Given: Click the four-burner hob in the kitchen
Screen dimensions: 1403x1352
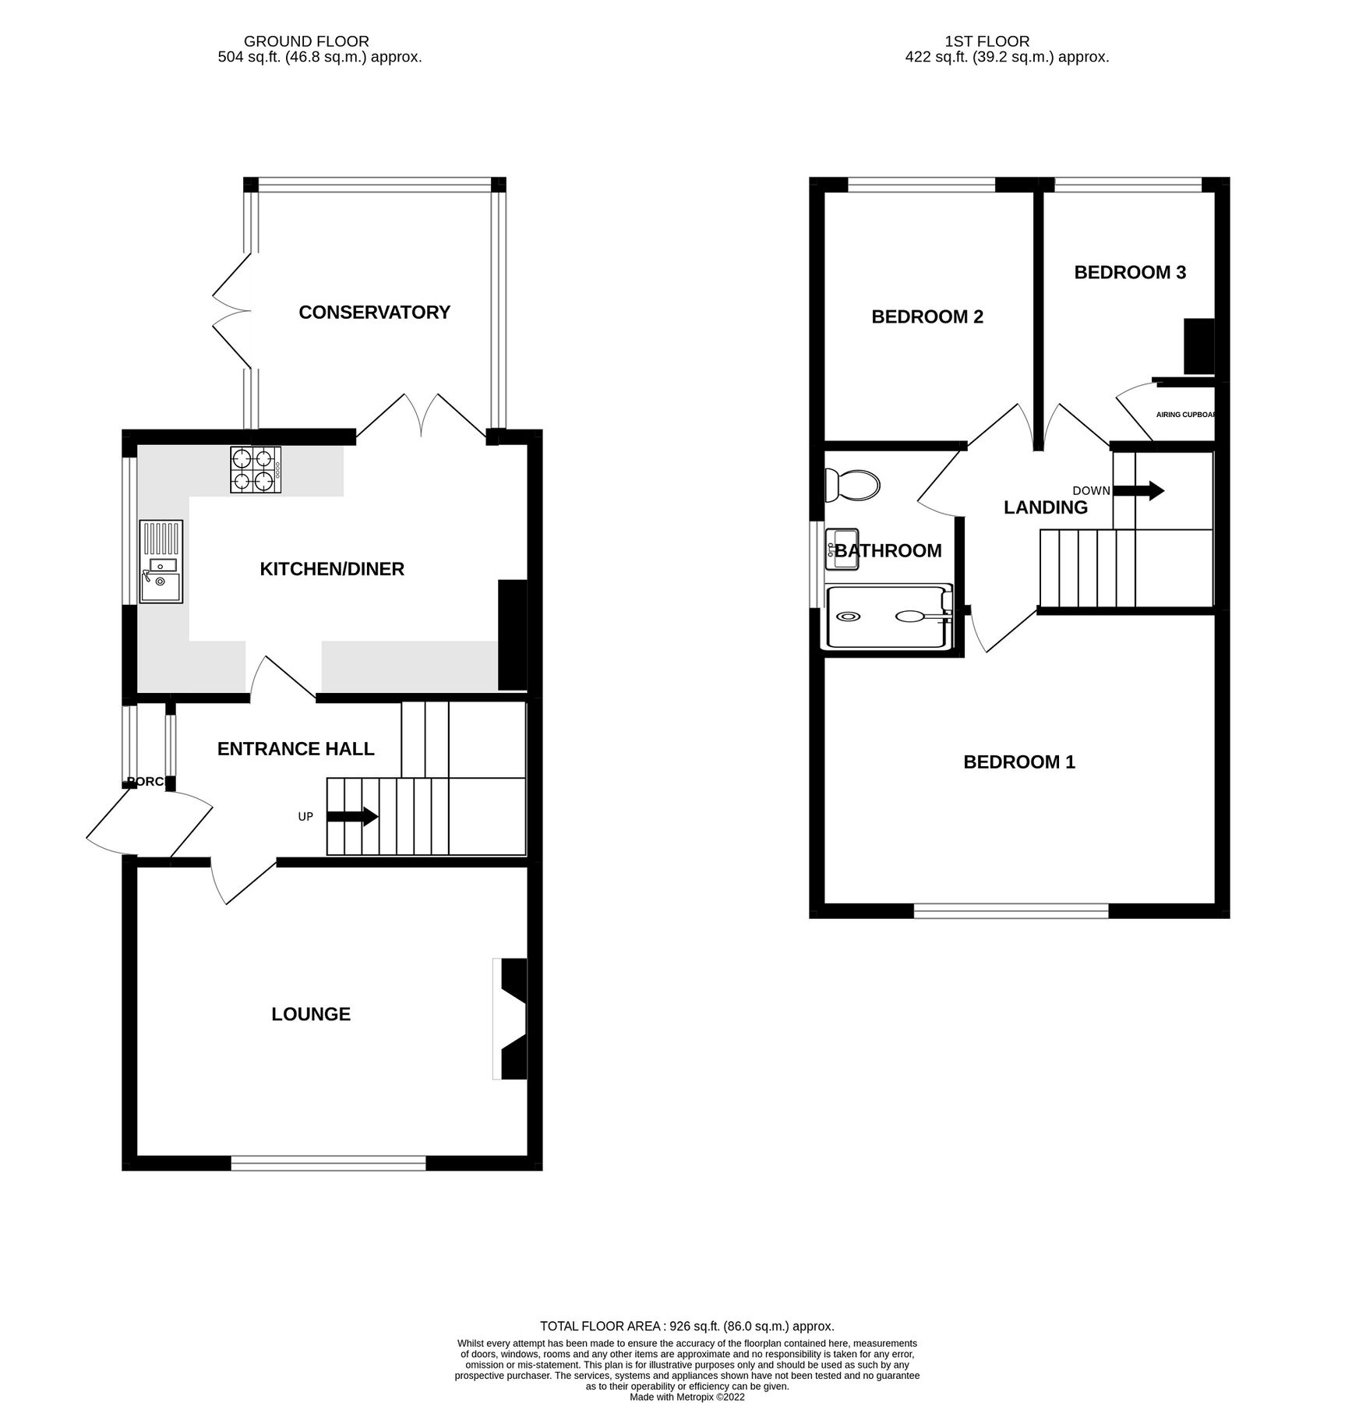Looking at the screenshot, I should pyautogui.click(x=256, y=470).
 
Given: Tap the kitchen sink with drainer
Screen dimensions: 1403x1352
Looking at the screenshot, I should pyautogui.click(x=161, y=561).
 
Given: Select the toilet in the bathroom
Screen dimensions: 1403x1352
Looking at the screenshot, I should pyautogui.click(x=853, y=485).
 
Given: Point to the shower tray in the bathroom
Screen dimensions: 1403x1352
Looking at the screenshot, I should pyautogui.click(x=888, y=617).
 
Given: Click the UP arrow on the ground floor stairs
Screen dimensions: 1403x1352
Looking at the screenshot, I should pyautogui.click(x=352, y=817).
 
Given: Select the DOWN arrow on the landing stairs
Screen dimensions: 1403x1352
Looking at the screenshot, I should pyautogui.click(x=1138, y=491).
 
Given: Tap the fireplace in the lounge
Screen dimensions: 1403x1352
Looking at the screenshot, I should pyautogui.click(x=511, y=1019).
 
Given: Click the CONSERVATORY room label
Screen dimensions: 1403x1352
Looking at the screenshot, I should pyautogui.click(x=374, y=313).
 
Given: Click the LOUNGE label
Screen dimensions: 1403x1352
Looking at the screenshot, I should pyautogui.click(x=311, y=1014).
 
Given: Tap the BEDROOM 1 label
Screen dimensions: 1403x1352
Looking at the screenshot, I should pyautogui.click(x=1018, y=762).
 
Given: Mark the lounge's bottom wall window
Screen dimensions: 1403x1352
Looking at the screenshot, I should pyautogui.click(x=328, y=1164).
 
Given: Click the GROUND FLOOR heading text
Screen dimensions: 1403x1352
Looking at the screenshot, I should pyautogui.click(x=306, y=41).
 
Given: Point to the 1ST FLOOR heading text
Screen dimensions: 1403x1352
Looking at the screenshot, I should pyautogui.click(x=987, y=41).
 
